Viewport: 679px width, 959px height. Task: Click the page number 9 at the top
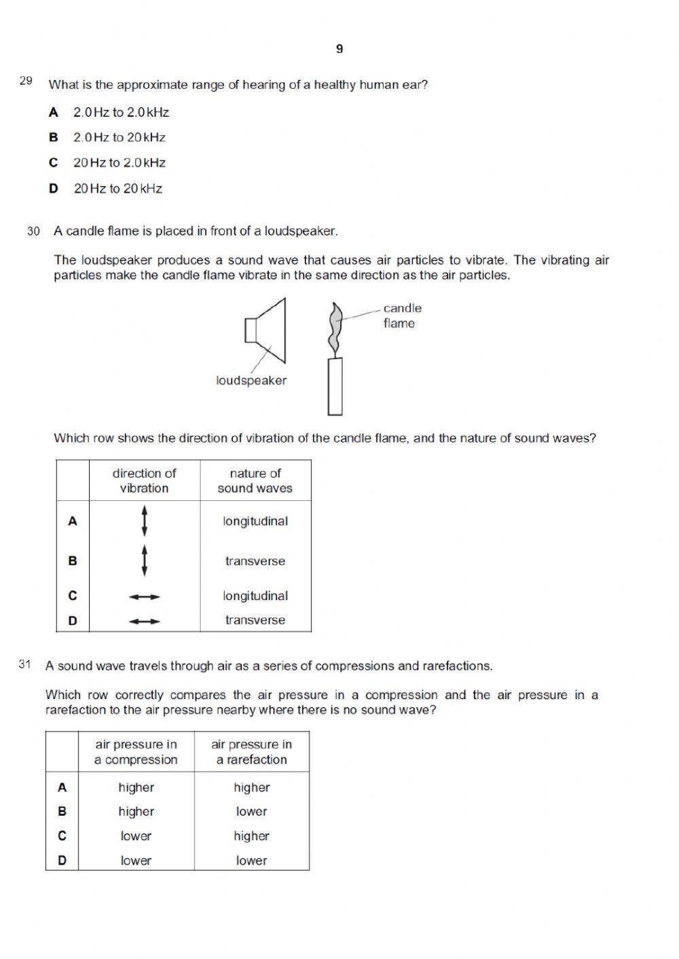[339, 49]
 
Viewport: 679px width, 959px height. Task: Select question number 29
[26, 81]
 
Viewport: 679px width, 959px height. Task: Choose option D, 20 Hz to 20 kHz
[117, 189]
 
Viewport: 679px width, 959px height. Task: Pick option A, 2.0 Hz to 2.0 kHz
[120, 113]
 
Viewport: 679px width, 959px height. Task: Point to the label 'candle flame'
[401, 316]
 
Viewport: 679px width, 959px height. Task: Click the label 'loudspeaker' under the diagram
[251, 381]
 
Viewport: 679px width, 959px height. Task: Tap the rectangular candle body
[335, 387]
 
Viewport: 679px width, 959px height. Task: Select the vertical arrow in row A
[144, 521]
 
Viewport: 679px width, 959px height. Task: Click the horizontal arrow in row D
[144, 620]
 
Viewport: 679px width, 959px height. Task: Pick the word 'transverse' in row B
[255, 561]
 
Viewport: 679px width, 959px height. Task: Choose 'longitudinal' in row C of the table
[255, 596]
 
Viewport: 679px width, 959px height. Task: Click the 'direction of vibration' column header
[144, 481]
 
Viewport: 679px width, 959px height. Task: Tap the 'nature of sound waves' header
[255, 481]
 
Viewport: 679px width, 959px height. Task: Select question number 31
[25, 664]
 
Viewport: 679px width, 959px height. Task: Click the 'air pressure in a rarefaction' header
[251, 752]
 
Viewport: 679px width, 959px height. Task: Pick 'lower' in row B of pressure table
[251, 812]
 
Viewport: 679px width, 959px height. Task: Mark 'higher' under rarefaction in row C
[251, 836]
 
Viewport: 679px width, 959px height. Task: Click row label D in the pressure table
[62, 861]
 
